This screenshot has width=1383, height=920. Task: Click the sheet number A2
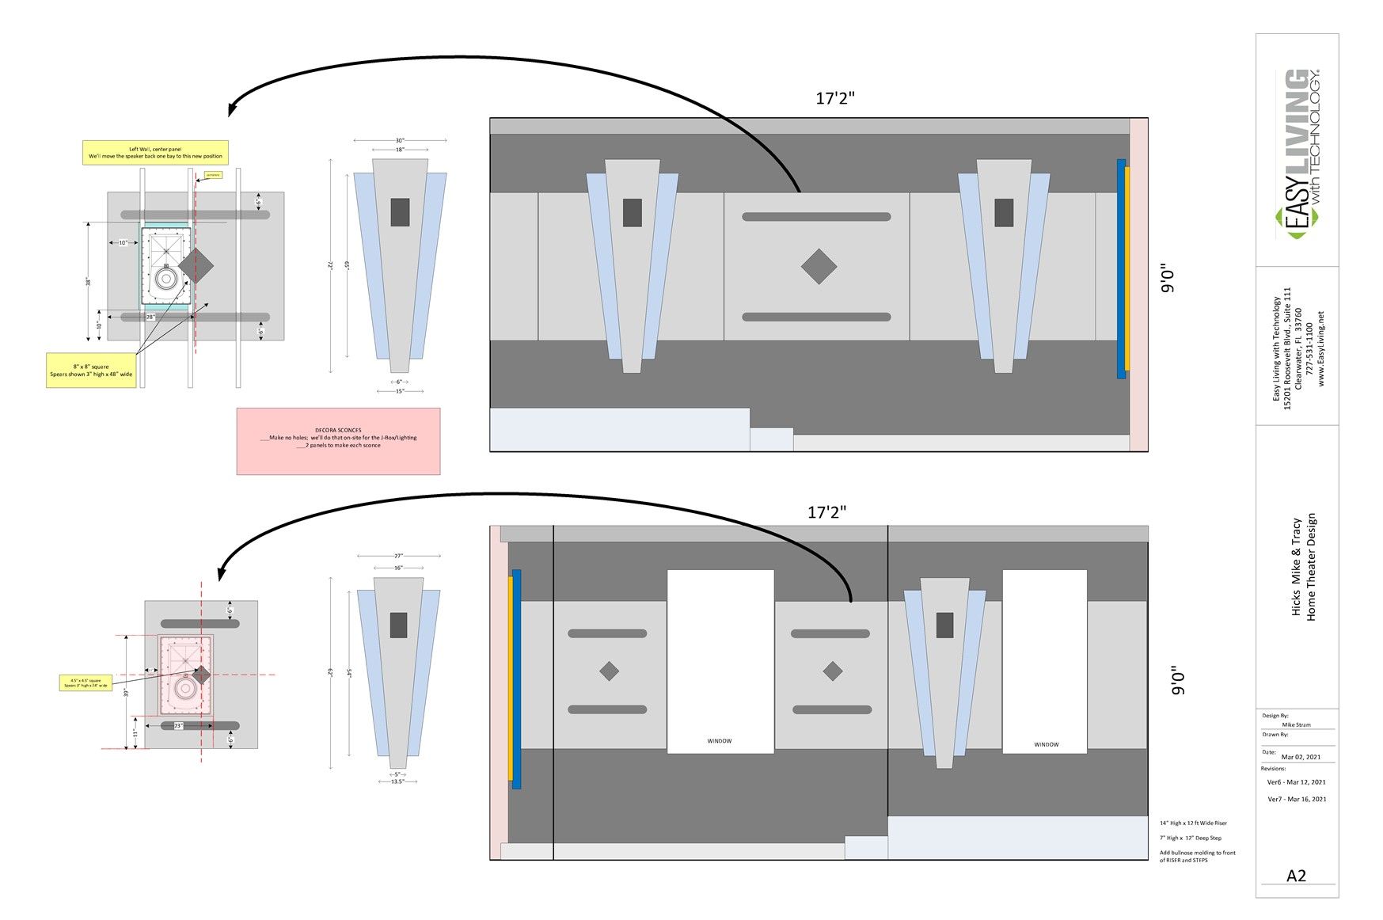coord(1296,876)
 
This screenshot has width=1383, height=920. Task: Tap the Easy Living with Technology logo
coord(1298,154)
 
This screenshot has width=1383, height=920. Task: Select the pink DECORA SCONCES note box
coord(338,441)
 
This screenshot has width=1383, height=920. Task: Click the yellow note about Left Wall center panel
coord(155,153)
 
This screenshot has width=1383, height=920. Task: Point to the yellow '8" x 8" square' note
coord(91,370)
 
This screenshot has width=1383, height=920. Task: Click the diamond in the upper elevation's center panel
coord(819,267)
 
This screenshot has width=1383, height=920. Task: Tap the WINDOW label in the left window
coord(720,741)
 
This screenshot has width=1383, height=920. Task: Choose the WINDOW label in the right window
coord(1046,744)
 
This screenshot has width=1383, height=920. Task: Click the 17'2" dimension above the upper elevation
coord(835,98)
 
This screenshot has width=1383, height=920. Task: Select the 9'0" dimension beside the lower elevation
coord(1178,680)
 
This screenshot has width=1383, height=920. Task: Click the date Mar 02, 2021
coord(1301,757)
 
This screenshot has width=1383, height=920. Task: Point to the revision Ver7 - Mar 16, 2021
coord(1297,799)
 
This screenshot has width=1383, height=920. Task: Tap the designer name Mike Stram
coord(1296,724)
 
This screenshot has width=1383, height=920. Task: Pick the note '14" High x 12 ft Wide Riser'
coord(1193,823)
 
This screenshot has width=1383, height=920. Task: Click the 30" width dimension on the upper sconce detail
coord(400,140)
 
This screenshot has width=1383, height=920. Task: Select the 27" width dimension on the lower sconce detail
coord(398,556)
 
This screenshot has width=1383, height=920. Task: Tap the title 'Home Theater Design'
coord(1311,567)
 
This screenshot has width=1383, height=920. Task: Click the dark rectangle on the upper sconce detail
coord(400,211)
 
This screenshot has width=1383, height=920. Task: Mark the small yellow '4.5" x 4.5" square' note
coord(85,682)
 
